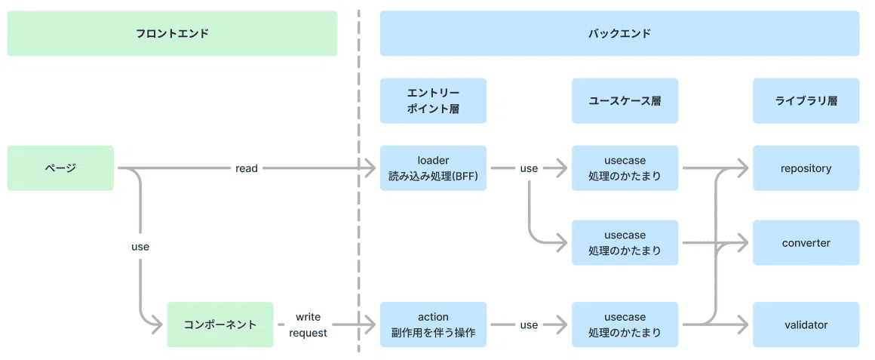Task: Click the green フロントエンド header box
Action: tap(172, 33)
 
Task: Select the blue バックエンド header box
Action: tap(619, 33)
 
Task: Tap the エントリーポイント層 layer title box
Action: tap(433, 100)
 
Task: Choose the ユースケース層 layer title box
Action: tap(625, 100)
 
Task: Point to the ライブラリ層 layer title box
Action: tap(806, 100)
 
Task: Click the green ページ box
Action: tap(60, 168)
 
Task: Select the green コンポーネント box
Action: tap(220, 325)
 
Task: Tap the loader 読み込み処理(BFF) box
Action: tap(433, 168)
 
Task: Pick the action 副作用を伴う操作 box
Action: tap(433, 325)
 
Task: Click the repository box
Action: tap(806, 168)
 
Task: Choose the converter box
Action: tap(806, 243)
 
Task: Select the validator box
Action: tap(806, 325)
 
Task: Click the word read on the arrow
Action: tap(247, 168)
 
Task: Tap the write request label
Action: tap(308, 325)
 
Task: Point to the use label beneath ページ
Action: tap(140, 246)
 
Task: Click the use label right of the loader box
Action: tap(529, 168)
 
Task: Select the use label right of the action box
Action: tap(529, 325)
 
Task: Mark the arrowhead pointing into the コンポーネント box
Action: tap(158, 325)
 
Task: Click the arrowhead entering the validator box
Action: tap(743, 325)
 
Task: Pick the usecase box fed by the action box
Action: tap(625, 325)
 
